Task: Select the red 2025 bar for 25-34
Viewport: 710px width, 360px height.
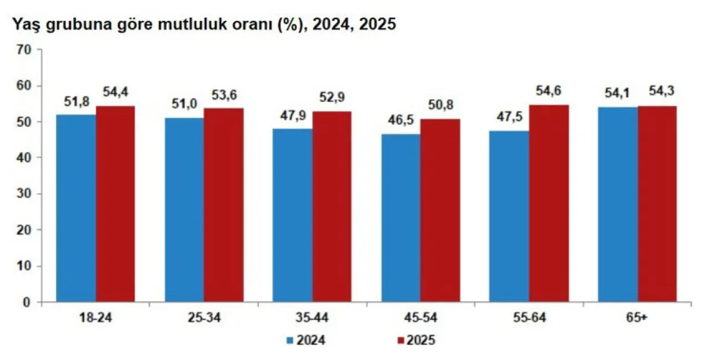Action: (x=224, y=205)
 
